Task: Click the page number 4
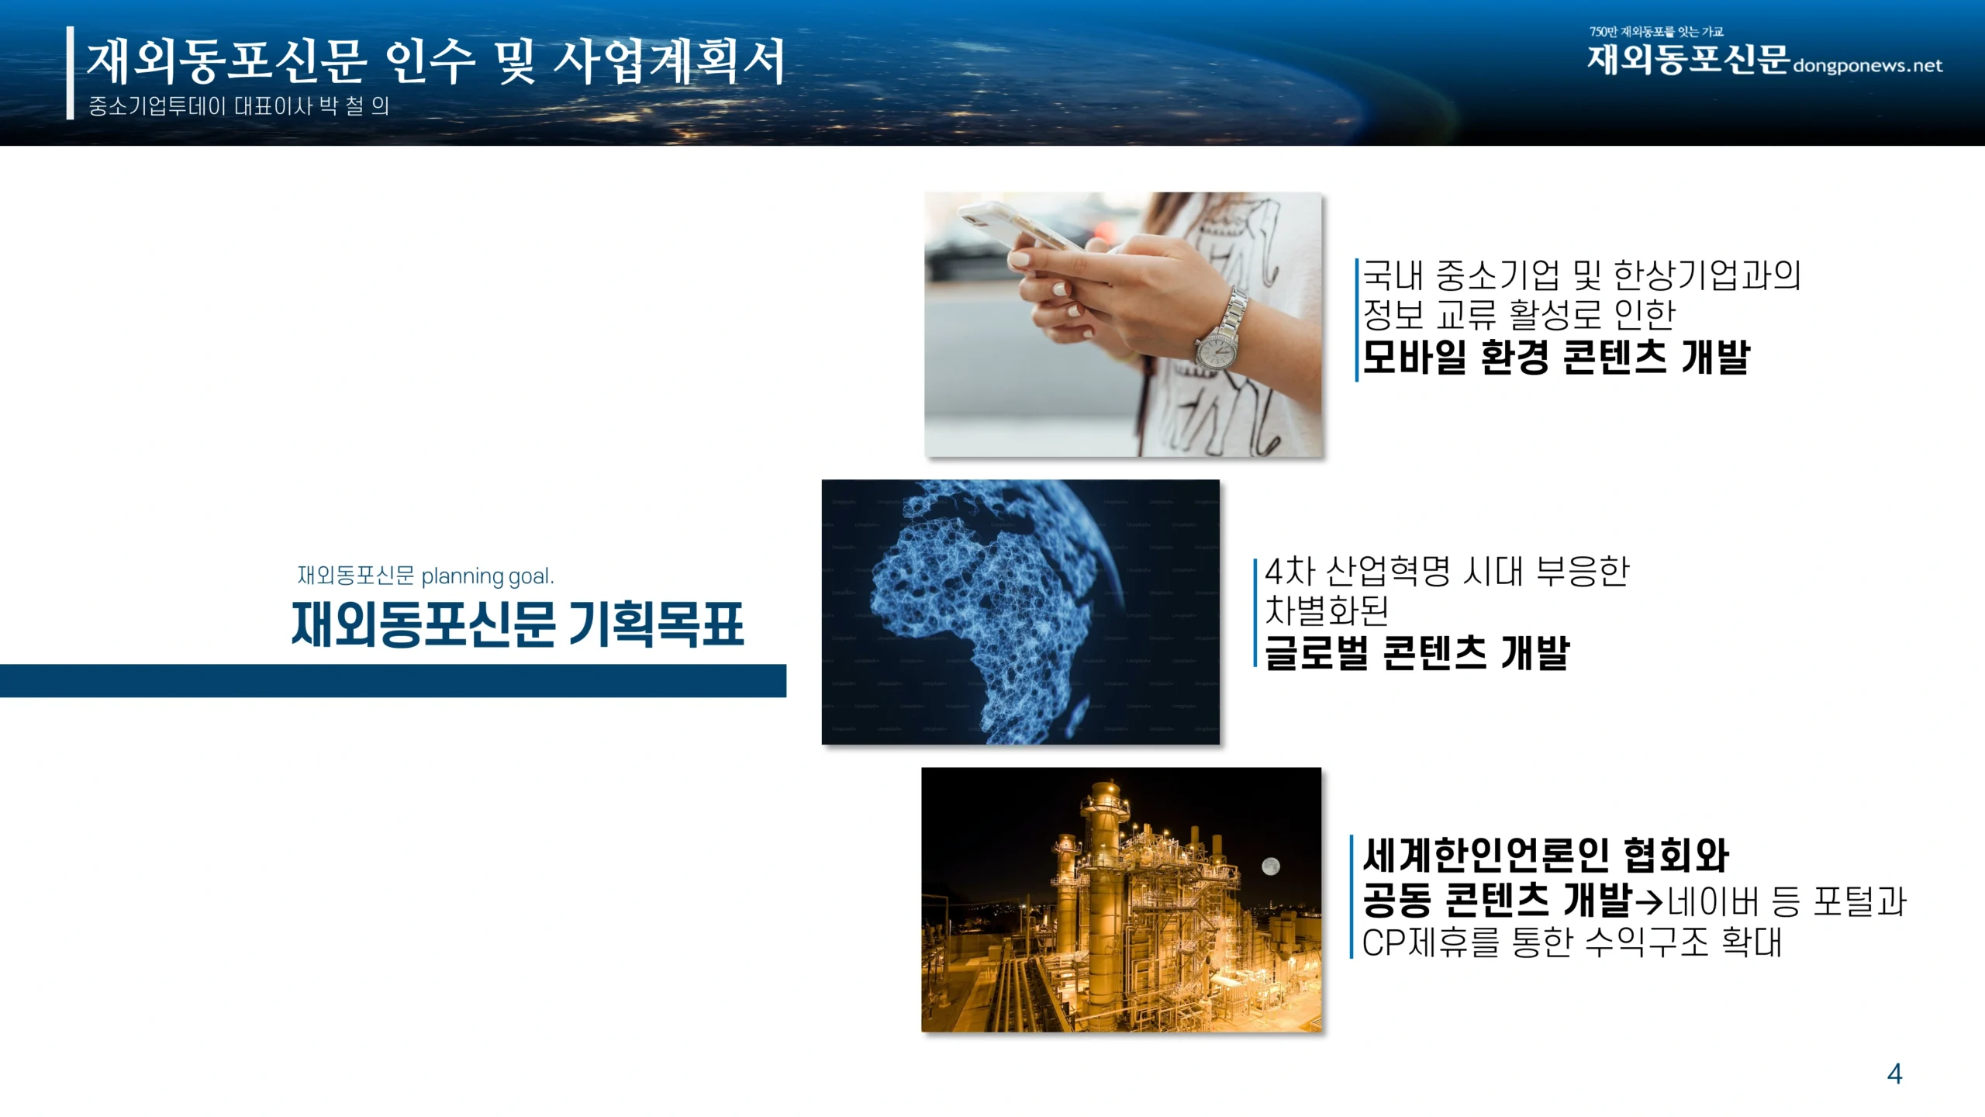(1894, 1074)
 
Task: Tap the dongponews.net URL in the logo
(1867, 66)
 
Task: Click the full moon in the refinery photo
(1270, 866)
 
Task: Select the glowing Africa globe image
(1020, 612)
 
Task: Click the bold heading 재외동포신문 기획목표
(518, 624)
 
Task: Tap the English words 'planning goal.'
(488, 576)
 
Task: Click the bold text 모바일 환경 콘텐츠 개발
(1556, 357)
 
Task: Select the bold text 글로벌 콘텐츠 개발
(1417, 652)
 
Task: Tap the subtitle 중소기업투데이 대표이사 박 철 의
(239, 105)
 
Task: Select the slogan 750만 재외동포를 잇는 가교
(1656, 32)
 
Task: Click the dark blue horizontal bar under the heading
(393, 681)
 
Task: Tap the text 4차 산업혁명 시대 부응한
(1447, 572)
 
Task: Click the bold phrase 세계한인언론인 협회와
(1546, 855)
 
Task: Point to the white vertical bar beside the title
(71, 73)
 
